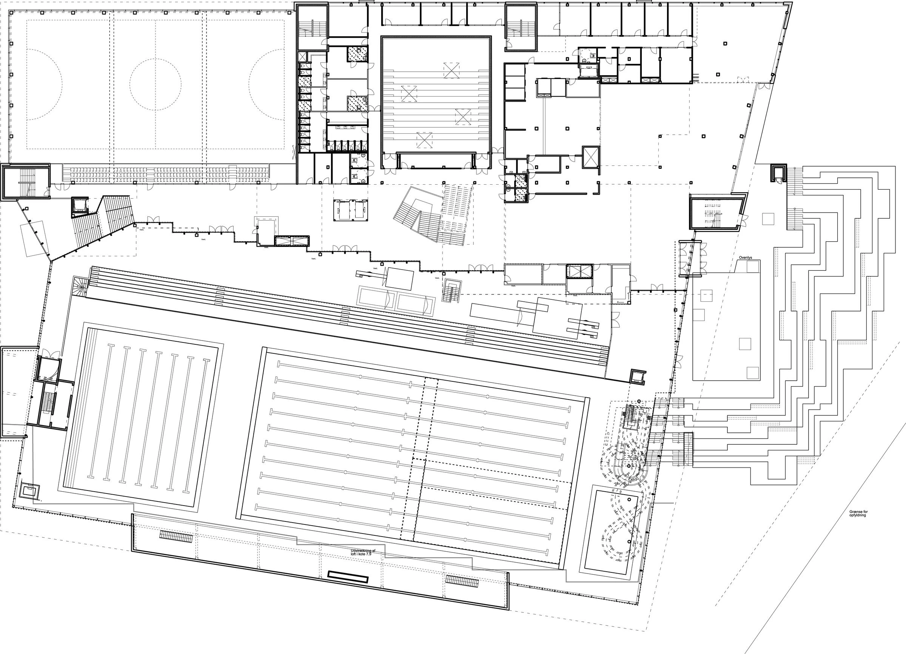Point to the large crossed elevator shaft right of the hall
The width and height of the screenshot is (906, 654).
point(591,156)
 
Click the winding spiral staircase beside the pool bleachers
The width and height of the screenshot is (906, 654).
point(79,287)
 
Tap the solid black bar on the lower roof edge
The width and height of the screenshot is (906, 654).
point(348,577)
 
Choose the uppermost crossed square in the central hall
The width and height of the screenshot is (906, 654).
point(451,70)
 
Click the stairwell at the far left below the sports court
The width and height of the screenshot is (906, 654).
point(26,182)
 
